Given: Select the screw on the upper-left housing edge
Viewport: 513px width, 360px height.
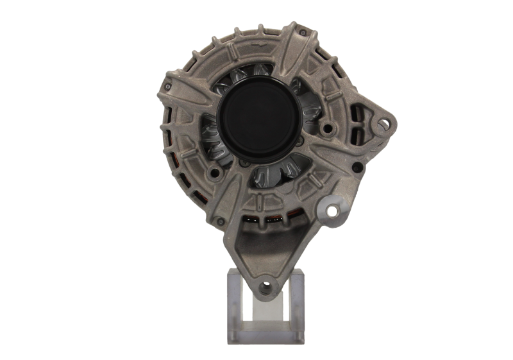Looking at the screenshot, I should tap(168, 83).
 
